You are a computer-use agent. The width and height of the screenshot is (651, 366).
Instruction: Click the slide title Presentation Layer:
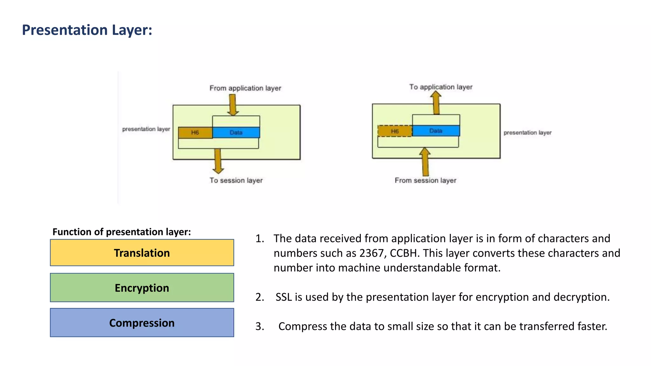[x=87, y=30]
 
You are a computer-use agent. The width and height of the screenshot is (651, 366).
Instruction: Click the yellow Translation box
[x=142, y=253]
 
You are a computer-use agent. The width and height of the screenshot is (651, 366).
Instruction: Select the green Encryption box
[x=142, y=288]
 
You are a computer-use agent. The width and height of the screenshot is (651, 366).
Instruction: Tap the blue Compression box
[x=142, y=323]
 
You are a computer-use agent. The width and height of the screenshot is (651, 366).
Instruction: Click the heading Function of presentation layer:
[x=121, y=232]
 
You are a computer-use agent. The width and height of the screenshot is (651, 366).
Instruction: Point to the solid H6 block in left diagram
[x=195, y=132]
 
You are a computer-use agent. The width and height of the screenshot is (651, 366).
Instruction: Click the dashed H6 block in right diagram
[x=395, y=131]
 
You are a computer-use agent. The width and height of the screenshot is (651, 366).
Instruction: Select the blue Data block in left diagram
[x=236, y=132]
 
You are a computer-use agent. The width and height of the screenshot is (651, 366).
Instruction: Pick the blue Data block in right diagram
[x=436, y=131]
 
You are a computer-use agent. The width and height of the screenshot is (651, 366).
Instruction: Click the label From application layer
[x=245, y=88]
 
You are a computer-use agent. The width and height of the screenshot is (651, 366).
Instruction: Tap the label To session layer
[x=236, y=180]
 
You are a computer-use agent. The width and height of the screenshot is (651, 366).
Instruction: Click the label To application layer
[x=441, y=87]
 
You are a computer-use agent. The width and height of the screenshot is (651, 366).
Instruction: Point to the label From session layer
[x=425, y=180]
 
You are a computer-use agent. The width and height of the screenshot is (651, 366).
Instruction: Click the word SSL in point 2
[x=284, y=297]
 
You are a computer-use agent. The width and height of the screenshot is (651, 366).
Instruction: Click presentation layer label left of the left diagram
[x=146, y=129]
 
